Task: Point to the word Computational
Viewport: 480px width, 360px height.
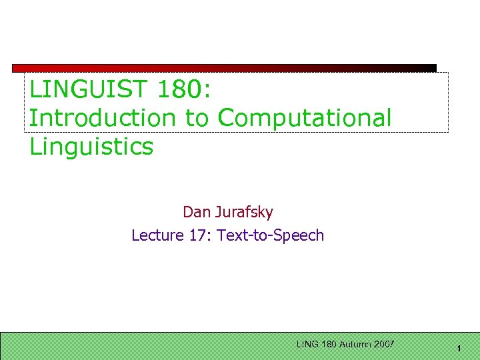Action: pos(305,117)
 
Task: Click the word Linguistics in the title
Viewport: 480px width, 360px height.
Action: pos(91,146)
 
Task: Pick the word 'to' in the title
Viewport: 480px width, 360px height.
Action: pos(197,117)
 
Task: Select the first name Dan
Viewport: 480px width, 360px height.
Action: pos(196,212)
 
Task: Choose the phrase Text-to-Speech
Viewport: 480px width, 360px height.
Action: pos(271,235)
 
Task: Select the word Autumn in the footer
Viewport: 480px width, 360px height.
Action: pos(356,344)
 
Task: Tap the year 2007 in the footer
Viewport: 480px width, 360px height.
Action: pos(384,344)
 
